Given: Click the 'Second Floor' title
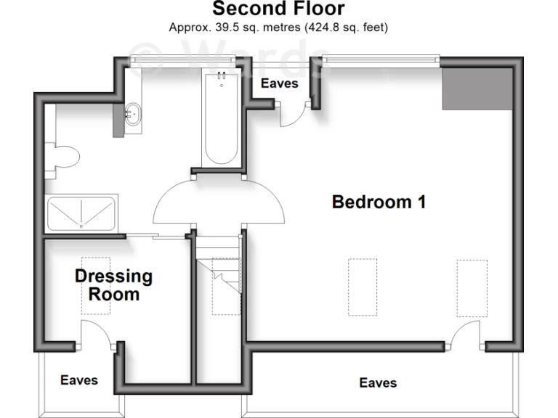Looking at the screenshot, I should point(278,9).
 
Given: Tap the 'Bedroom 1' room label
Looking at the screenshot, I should point(378,202).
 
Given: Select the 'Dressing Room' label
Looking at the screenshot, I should point(114,284).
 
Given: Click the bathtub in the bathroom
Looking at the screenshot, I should point(220,120).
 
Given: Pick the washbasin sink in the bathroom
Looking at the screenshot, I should point(133,113).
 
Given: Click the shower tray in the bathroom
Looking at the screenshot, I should point(81,213).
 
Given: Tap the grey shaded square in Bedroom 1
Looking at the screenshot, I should point(477,88).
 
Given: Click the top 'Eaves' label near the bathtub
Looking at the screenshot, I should point(279,83).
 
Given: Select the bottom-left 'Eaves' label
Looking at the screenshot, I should point(79,380).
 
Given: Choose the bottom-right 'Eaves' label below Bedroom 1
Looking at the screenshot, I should point(378,382).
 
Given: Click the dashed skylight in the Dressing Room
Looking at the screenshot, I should point(95,285).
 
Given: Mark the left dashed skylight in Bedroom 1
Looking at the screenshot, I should point(362,287).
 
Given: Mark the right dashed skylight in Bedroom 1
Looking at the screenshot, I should point(472,287).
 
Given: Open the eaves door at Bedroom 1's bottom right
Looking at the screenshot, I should point(465,335).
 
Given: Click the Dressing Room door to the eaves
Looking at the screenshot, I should point(94,335).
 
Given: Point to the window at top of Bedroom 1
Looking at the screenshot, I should point(381,58).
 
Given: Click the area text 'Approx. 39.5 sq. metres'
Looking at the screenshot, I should point(279,28).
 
